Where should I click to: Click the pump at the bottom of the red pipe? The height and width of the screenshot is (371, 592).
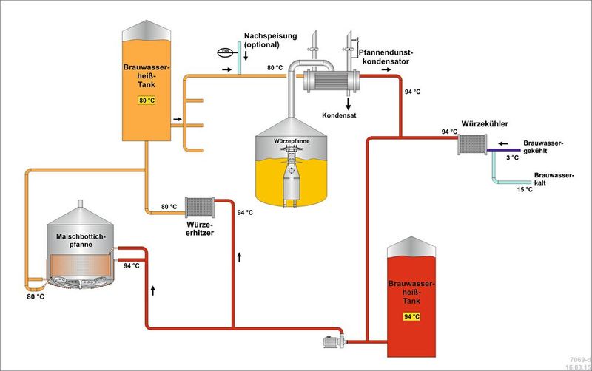click(332, 341)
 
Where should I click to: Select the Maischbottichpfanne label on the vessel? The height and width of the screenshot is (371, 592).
click(81, 241)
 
